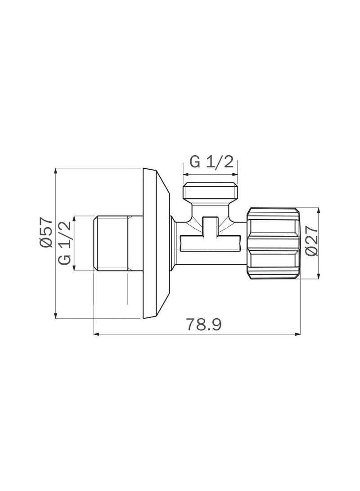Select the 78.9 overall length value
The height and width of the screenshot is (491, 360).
(204, 324)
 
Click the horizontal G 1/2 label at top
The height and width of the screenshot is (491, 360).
(211, 162)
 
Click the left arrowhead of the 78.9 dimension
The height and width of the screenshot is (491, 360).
(96, 334)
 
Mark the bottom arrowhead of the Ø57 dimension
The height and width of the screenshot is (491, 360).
(56, 316)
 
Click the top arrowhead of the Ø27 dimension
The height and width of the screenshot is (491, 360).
(319, 210)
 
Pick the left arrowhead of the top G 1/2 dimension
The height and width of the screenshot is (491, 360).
(185, 174)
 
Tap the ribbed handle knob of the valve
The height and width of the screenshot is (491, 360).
(274, 243)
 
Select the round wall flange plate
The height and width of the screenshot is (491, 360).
(155, 243)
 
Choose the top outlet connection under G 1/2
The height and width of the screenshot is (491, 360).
(210, 191)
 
